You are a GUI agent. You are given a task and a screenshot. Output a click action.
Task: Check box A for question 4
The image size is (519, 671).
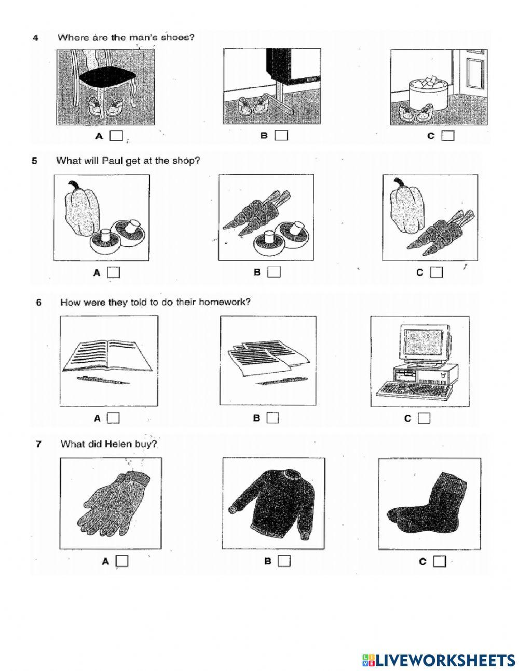click(x=117, y=136)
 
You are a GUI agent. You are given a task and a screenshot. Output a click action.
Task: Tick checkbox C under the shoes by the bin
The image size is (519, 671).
click(x=448, y=136)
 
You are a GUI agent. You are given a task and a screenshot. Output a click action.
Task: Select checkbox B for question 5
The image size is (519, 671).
click(x=274, y=272)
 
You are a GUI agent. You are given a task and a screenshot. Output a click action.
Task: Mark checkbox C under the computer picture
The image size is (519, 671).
click(x=424, y=418)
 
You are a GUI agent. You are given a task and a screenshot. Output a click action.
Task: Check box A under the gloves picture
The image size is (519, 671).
click(x=122, y=561)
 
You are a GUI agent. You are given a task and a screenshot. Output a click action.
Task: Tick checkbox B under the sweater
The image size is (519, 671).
click(x=284, y=561)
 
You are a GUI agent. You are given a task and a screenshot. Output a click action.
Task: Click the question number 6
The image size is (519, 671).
click(x=38, y=302)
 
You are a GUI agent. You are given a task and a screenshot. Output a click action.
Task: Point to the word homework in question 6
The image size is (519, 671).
click(x=224, y=302)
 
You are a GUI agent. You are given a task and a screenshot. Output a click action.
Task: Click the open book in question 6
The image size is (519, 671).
click(x=107, y=355)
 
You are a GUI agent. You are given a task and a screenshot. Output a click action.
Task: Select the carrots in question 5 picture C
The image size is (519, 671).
click(x=440, y=232)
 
